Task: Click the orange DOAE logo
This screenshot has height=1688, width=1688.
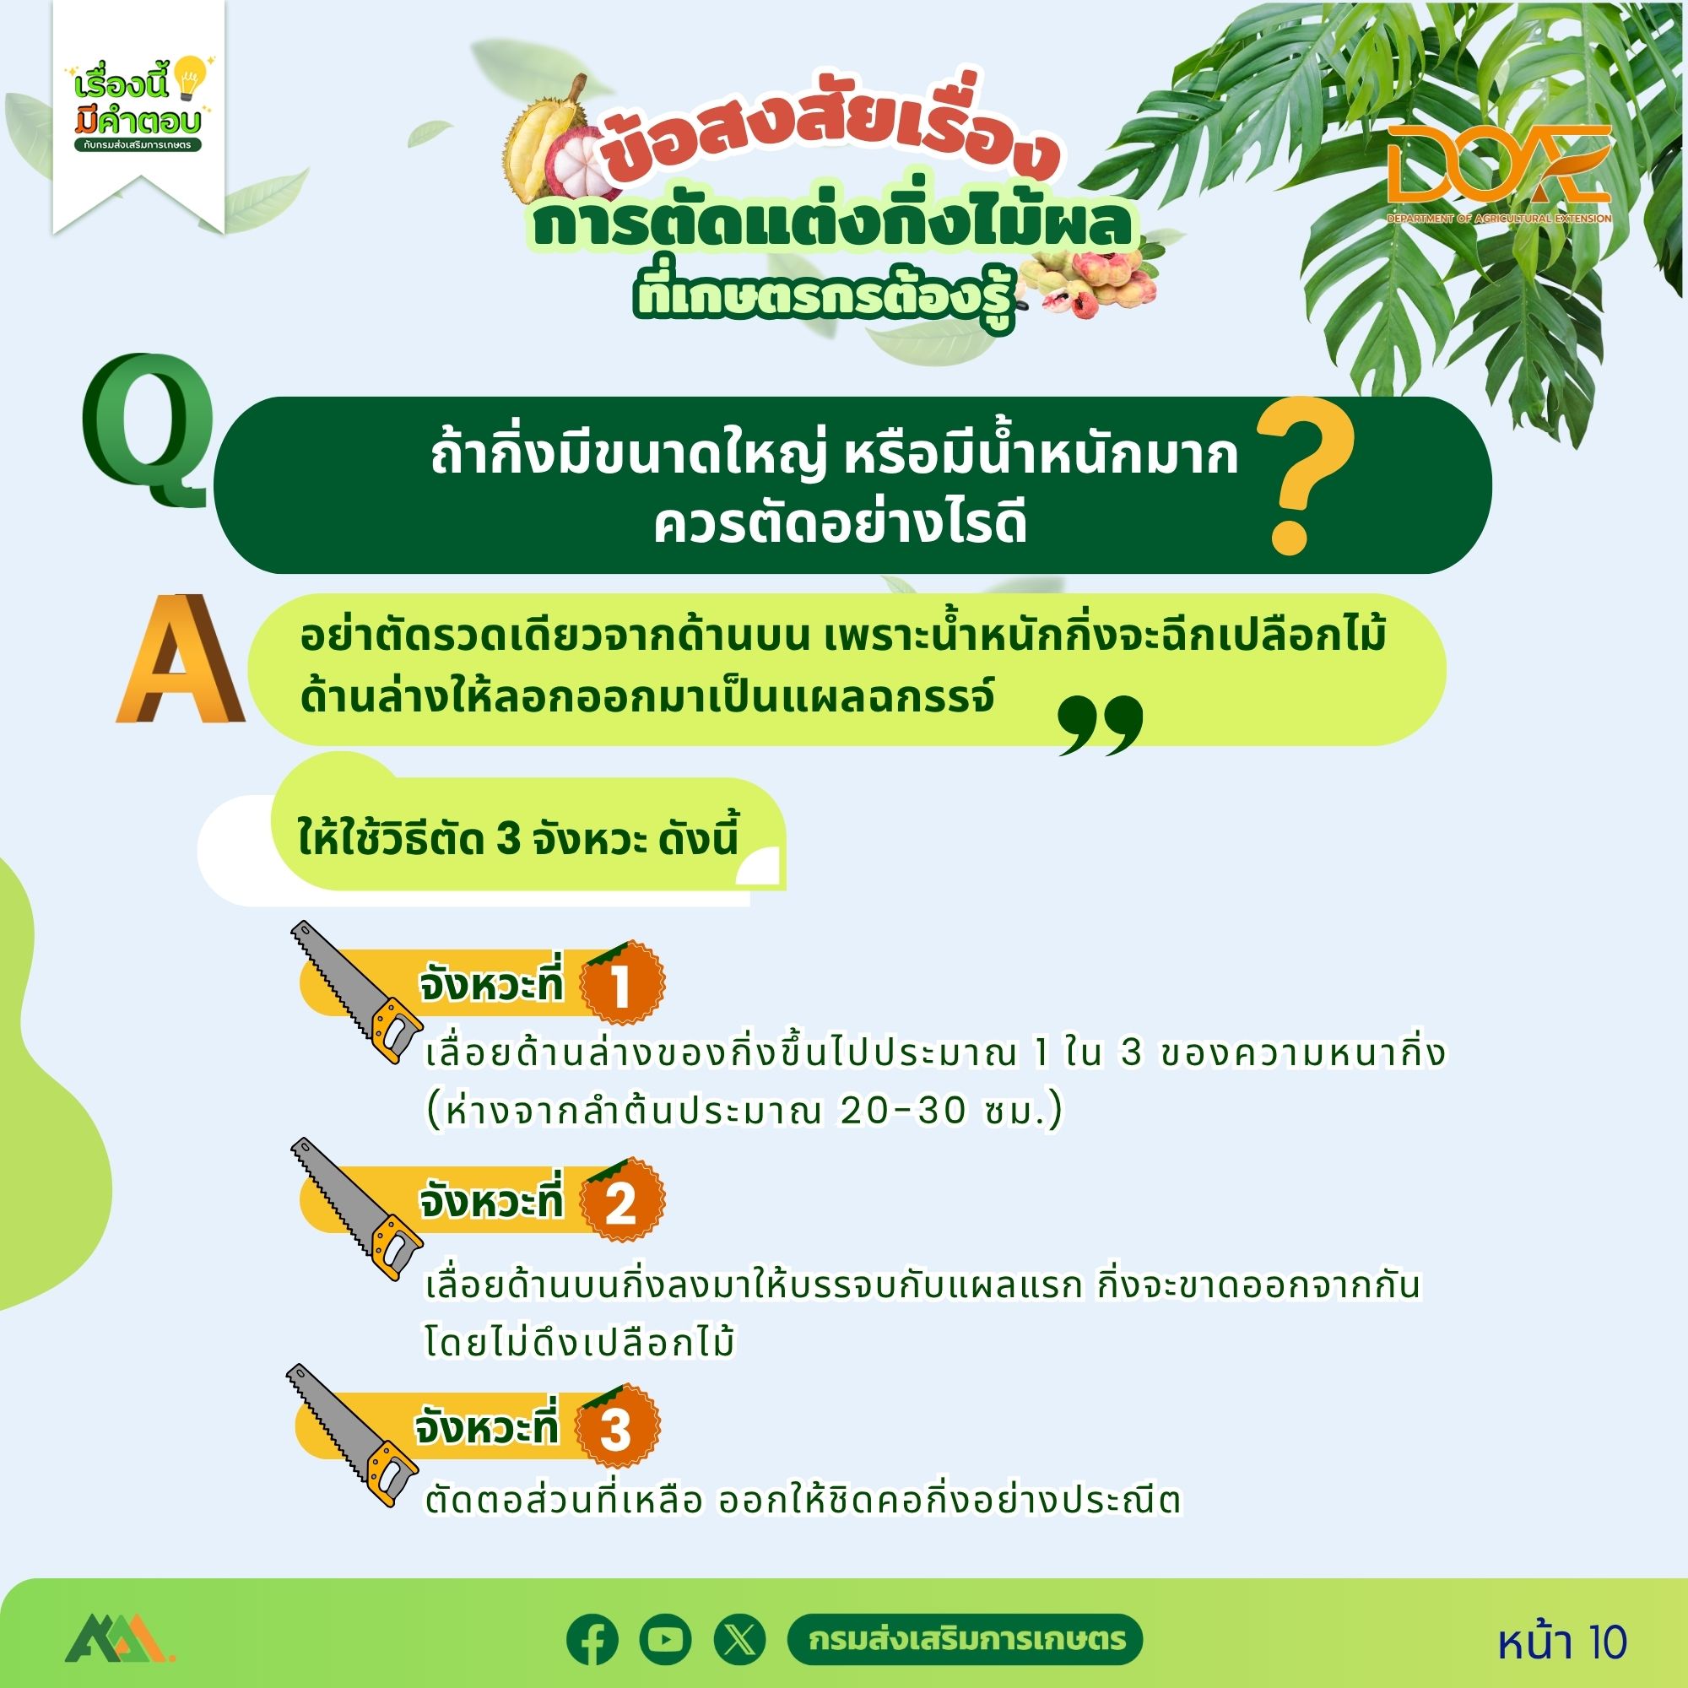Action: [x=1498, y=171]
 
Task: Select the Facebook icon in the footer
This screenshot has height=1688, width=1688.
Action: [x=592, y=1639]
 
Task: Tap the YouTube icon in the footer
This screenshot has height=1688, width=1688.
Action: [x=665, y=1639]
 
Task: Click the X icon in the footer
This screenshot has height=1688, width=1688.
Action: [x=739, y=1639]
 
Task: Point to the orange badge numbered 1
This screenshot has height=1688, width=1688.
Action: [x=621, y=984]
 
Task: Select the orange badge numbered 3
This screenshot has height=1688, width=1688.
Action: [x=616, y=1428]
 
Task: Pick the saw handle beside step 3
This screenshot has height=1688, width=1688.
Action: [x=391, y=1475]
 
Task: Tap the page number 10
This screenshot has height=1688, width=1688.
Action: [x=1604, y=1642]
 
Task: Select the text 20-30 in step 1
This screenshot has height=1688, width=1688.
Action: [x=902, y=1112]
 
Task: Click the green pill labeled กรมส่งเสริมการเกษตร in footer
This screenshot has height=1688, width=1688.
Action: [x=965, y=1639]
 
